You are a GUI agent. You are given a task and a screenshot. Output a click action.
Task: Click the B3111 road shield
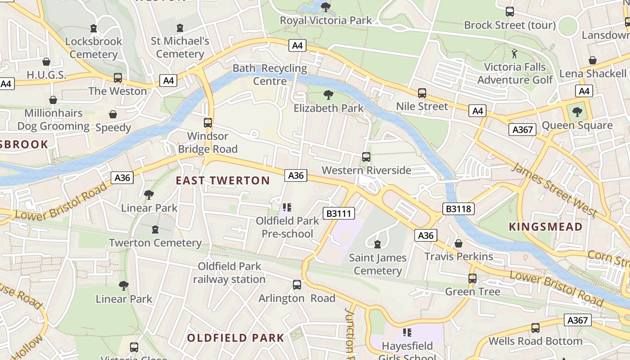coord(338,213)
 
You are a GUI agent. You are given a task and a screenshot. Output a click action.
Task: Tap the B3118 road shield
coord(458,209)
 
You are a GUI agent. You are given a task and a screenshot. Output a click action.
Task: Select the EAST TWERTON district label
coord(223,181)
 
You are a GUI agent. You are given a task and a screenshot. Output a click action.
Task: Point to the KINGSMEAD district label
coord(545,227)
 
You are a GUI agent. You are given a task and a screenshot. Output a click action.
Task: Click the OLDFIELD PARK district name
coord(235,338)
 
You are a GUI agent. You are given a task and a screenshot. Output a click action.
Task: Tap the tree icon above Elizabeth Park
coord(328,95)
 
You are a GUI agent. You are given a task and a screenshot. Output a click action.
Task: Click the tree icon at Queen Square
coord(577,112)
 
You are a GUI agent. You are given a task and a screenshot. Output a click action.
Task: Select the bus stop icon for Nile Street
coord(422,93)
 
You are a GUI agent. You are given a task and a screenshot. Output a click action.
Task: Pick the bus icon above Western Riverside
coord(366,157)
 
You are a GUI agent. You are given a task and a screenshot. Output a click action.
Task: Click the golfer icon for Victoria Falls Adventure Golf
coord(514,54)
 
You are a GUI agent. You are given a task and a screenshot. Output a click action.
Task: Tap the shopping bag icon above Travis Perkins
coord(458,243)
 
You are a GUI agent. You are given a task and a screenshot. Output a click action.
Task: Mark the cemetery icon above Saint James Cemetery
coord(377,244)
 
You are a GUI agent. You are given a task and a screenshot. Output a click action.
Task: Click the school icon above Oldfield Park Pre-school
coord(287,207)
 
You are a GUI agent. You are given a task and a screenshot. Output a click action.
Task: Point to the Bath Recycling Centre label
coord(270,75)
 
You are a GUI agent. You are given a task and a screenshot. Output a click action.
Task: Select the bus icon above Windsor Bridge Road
coord(207,123)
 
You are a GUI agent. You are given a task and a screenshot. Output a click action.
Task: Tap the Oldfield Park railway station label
coord(229,273)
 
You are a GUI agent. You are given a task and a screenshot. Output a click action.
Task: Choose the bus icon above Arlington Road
coord(297,285)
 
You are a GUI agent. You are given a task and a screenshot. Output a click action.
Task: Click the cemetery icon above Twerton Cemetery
coord(155,229)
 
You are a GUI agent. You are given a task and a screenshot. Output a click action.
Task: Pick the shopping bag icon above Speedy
coord(113,114)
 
